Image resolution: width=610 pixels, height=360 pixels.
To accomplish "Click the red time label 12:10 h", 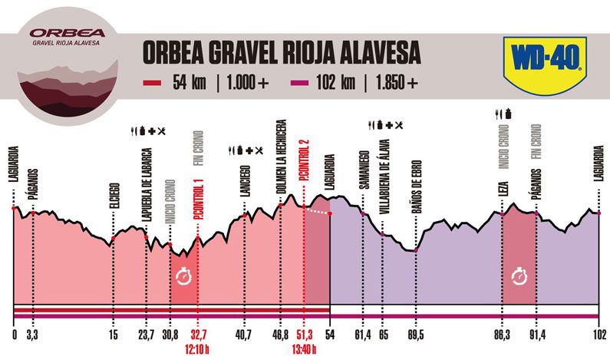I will point(198,346).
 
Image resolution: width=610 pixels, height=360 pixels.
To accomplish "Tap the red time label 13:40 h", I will point(305,346).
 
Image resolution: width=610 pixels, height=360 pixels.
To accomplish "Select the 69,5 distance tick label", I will point(415,335).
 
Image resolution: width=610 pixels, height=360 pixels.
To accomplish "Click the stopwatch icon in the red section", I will point(183,276).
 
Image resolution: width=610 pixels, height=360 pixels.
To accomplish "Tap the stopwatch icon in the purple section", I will point(519,274).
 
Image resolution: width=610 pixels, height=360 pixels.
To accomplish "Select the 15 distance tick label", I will point(114,335).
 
